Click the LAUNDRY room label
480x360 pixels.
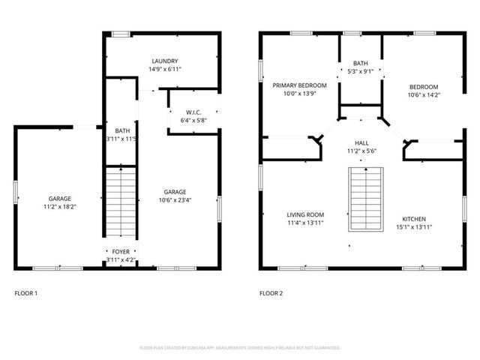[165, 61]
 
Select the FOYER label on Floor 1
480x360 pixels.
[121, 252]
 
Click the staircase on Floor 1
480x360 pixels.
[120, 202]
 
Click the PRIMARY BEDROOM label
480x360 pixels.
[298, 86]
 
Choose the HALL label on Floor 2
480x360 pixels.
[361, 142]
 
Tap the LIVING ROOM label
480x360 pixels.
[304, 215]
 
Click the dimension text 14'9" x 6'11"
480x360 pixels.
[165, 69]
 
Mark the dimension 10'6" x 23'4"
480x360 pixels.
[175, 199]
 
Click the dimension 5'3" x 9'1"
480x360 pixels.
[361, 72]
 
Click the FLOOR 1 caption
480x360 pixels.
[26, 293]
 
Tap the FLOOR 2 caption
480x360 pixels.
[271, 293]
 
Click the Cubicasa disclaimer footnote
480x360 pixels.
[240, 348]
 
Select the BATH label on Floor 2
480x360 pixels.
[361, 64]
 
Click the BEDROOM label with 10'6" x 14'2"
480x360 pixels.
[423, 87]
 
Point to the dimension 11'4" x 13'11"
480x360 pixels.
[304, 223]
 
